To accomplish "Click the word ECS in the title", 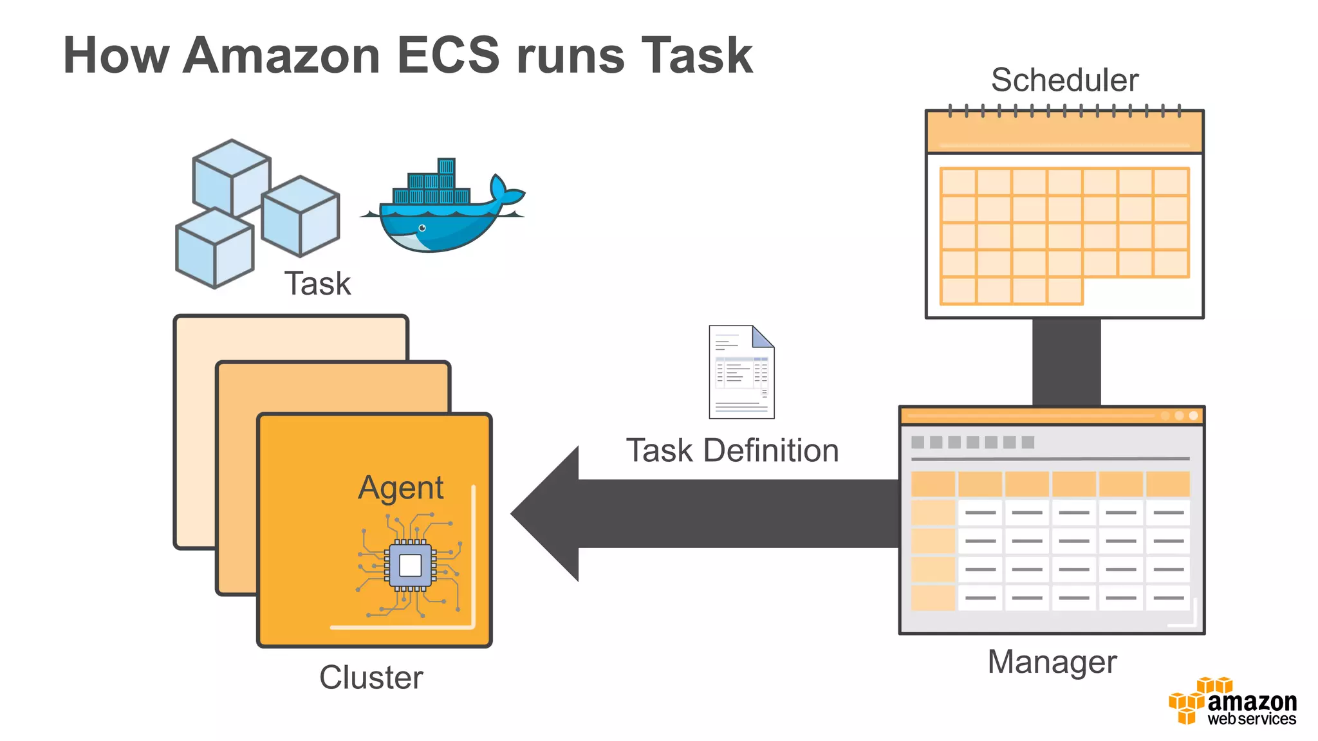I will point(448,55).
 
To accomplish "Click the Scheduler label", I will point(1064,80).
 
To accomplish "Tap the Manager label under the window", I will point(1052,662).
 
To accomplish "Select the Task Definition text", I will point(732,450).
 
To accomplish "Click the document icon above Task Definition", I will point(741,372).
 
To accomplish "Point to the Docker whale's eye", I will point(422,228).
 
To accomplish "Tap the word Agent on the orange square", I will point(400,488).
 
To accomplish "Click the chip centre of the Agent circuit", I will point(410,565).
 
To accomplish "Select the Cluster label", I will point(371,677).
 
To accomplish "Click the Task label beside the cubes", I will point(317,284).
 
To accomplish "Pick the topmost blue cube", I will point(232,176).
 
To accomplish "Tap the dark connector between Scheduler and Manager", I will point(1066,361).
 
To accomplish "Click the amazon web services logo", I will point(1233,702).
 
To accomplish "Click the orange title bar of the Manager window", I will point(1030,416).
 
